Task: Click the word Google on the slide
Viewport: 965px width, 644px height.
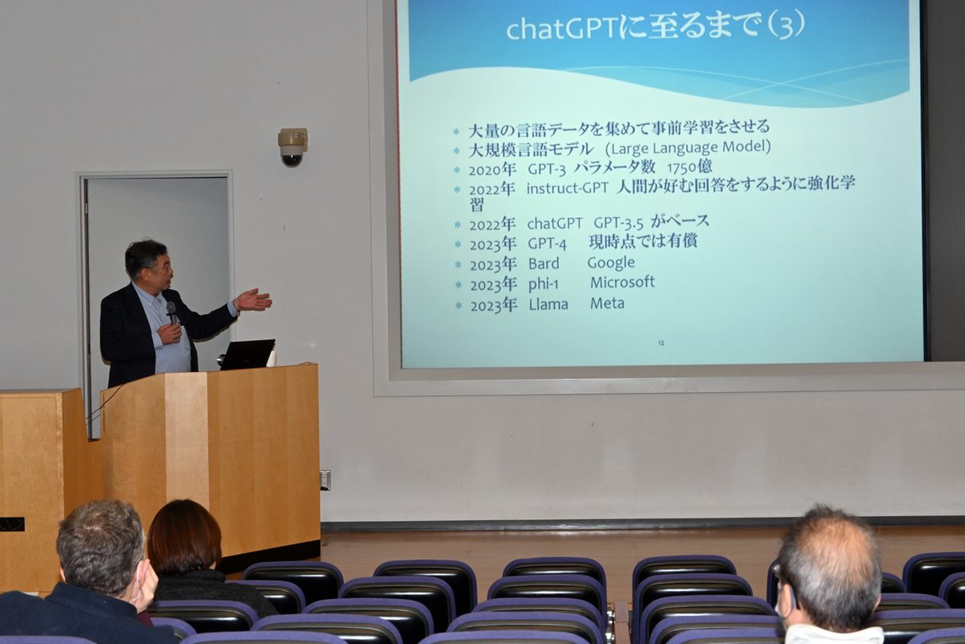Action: pyautogui.click(x=611, y=262)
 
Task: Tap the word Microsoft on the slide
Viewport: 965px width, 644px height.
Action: pyautogui.click(x=622, y=282)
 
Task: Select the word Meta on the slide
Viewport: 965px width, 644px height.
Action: pyautogui.click(x=607, y=303)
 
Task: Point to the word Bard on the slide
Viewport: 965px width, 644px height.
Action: pyautogui.click(x=544, y=263)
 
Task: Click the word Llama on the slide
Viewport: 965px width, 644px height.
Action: pyautogui.click(x=548, y=304)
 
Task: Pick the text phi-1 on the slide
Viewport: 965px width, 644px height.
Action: pyautogui.click(x=544, y=284)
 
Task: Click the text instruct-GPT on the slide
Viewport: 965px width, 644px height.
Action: pyautogui.click(x=568, y=188)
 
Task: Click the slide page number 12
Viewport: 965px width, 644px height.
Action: pyautogui.click(x=661, y=343)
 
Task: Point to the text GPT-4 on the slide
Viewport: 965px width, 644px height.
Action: pyautogui.click(x=547, y=244)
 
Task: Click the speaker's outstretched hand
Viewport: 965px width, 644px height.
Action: pyautogui.click(x=253, y=300)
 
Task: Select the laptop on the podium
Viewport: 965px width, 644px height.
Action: pyautogui.click(x=248, y=354)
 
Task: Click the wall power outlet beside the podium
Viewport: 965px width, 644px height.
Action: pyautogui.click(x=325, y=480)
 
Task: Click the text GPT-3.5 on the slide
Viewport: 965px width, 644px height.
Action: pyautogui.click(x=618, y=223)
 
